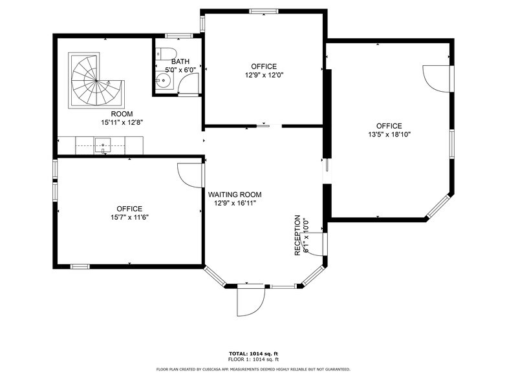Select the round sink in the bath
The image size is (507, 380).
click(x=165, y=81)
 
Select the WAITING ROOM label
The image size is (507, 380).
click(x=234, y=195)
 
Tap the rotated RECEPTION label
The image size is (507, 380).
click(x=298, y=235)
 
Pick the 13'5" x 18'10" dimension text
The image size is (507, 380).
click(x=389, y=135)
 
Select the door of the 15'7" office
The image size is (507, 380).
click(x=190, y=173)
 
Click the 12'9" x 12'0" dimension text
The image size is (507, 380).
click(x=263, y=75)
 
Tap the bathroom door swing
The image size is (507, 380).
click(x=189, y=83)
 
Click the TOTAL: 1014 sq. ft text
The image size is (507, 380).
click(x=253, y=354)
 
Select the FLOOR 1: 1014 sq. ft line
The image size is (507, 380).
click(x=253, y=359)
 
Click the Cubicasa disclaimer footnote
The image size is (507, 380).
click(x=253, y=369)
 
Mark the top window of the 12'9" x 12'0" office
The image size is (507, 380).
click(x=264, y=11)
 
